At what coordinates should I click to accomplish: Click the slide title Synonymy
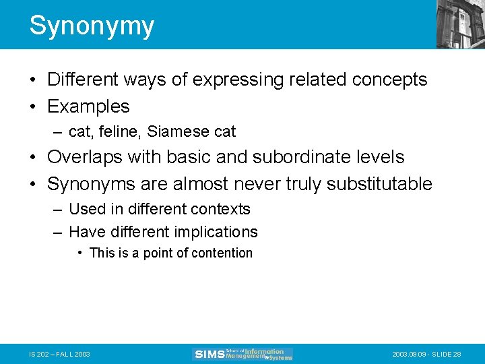(92, 26)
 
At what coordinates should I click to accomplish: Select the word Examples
(88, 107)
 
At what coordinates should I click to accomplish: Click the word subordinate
(309, 157)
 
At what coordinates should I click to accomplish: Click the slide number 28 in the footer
(457, 354)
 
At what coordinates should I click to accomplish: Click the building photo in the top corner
(460, 24)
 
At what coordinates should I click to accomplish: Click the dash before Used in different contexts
(58, 210)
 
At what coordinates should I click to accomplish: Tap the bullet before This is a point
(80, 253)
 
